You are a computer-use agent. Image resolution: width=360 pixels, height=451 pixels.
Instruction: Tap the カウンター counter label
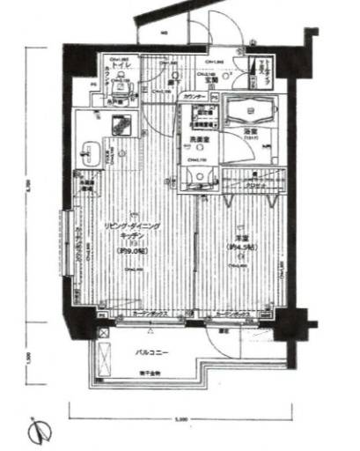click(x=195, y=94)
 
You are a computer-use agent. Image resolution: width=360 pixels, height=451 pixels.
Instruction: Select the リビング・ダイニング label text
click(x=132, y=227)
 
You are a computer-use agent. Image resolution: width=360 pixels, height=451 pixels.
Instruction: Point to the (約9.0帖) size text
click(x=133, y=249)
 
